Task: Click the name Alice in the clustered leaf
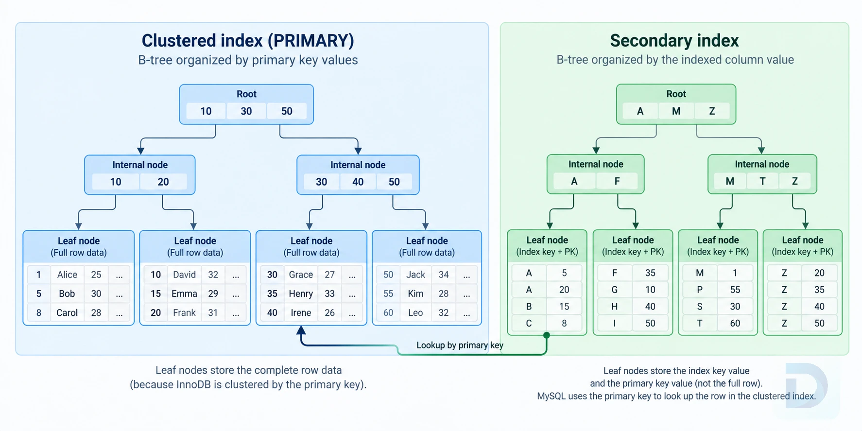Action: pos(67,275)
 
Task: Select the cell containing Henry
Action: pos(301,293)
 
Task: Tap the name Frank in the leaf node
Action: pos(184,313)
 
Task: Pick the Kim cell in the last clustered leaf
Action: pos(415,293)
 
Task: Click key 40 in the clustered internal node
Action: pos(358,182)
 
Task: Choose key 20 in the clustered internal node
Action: pos(163,182)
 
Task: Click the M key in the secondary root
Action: pos(676,111)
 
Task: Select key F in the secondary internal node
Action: pos(617,181)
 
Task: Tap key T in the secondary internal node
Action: pos(762,181)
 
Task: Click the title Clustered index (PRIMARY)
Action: pos(248,40)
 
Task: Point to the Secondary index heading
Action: pos(674,40)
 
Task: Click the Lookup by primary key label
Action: pos(460,345)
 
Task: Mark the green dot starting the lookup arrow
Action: pos(547,335)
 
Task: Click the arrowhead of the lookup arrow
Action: pos(301,330)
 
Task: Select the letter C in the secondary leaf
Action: pos(529,323)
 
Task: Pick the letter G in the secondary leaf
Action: pos(615,290)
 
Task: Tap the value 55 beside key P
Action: pos(735,290)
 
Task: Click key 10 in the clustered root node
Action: pos(206,111)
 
